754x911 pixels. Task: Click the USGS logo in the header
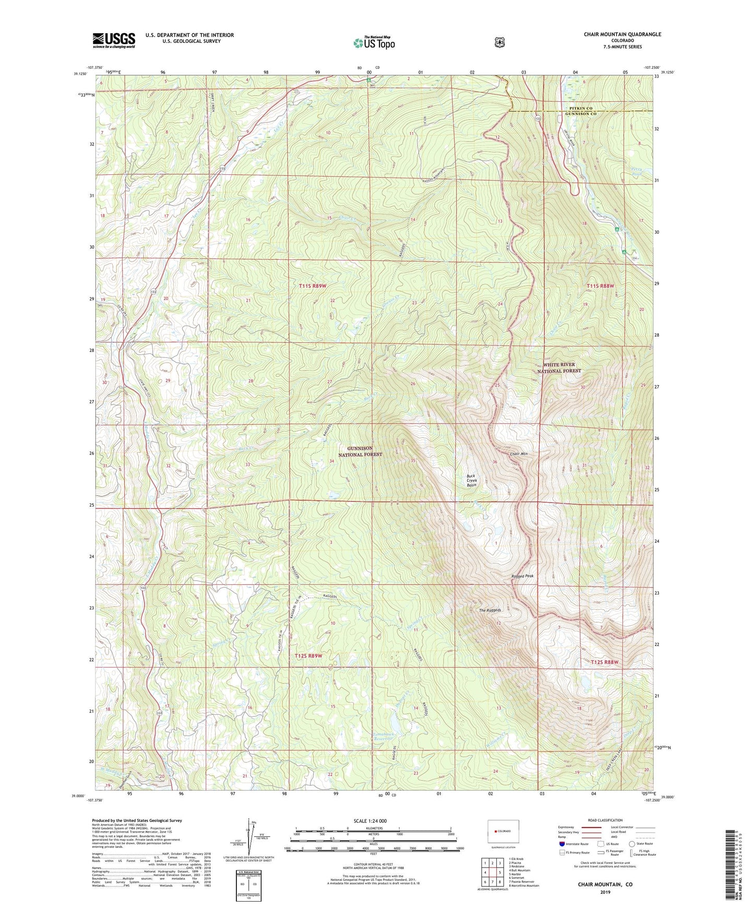click(x=114, y=40)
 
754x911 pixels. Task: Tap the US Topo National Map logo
click(x=373, y=43)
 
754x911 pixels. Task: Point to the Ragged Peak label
click(x=522, y=576)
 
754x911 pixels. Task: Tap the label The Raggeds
click(x=490, y=610)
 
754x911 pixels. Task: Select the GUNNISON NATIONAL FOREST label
click(x=360, y=451)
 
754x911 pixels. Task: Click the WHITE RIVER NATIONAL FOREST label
click(x=559, y=368)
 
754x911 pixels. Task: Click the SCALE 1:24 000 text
click(x=370, y=821)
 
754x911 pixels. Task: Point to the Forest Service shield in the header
click(x=499, y=42)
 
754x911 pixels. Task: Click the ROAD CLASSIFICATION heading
click(x=605, y=820)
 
